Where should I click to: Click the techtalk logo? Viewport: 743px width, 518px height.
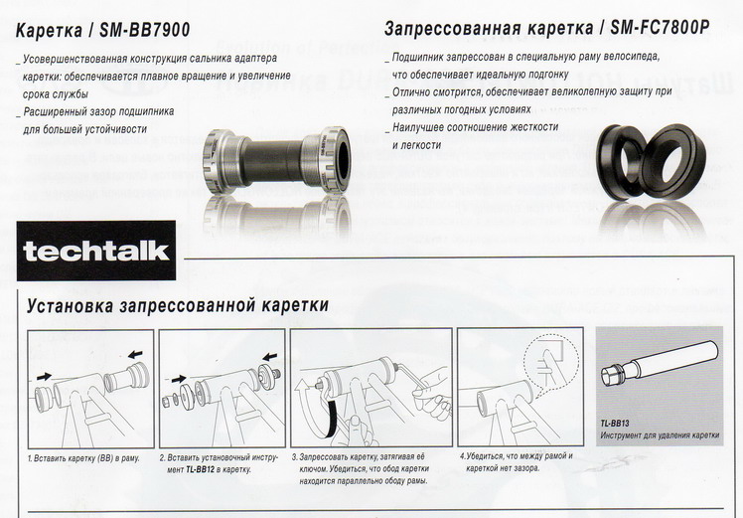(x=97, y=250)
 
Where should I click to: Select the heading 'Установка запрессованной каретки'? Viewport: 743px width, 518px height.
(x=178, y=305)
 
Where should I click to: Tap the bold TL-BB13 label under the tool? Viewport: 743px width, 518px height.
(x=616, y=424)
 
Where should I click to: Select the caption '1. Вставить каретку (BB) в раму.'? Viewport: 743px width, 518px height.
(x=83, y=457)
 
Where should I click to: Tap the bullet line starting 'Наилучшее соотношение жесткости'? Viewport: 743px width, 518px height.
(x=475, y=127)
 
